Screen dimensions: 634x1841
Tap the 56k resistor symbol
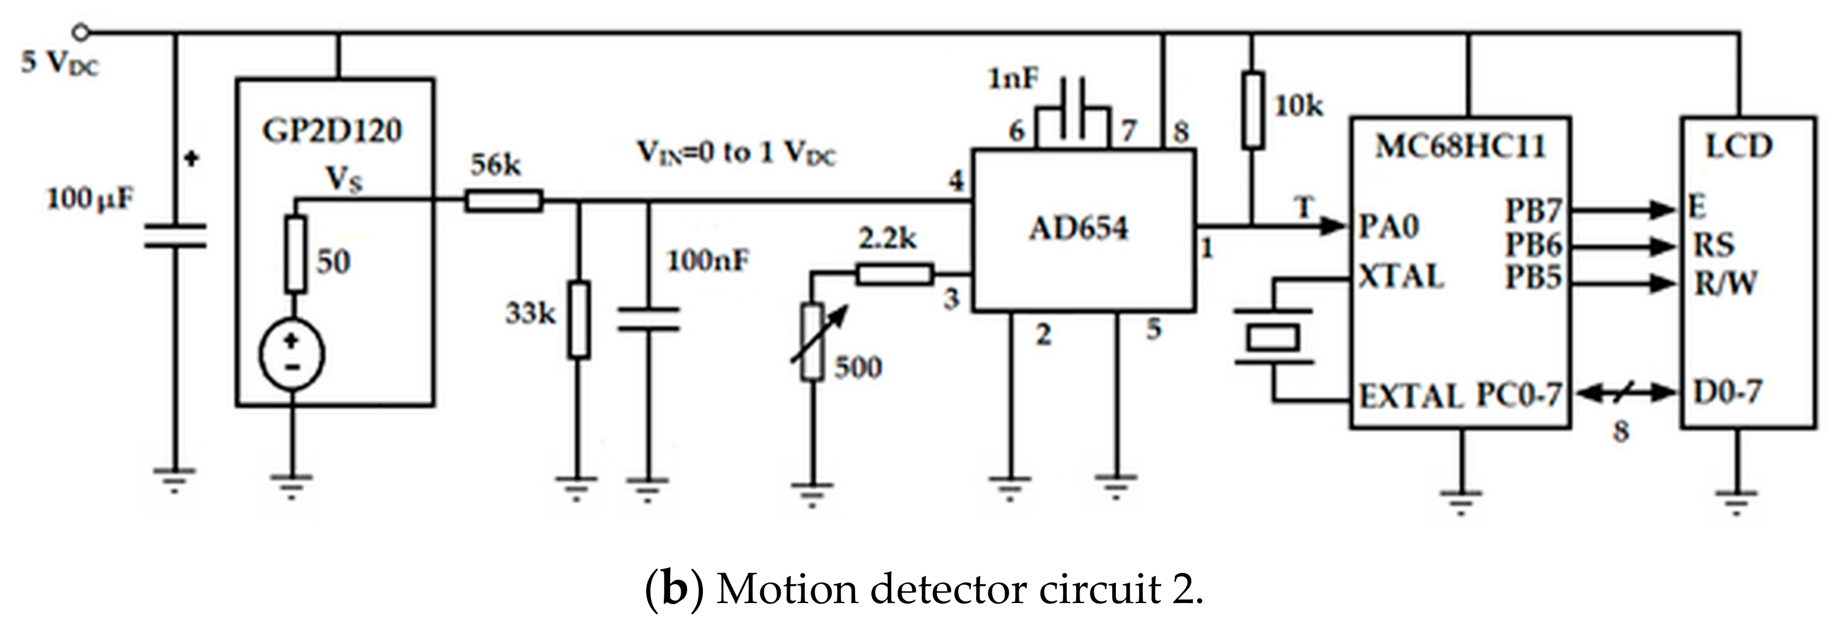504,201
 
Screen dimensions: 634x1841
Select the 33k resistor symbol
579,319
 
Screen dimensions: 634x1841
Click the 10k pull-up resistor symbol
1252,109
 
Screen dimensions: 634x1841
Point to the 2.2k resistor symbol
895,274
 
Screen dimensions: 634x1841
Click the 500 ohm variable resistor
812,342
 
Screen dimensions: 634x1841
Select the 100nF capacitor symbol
647,319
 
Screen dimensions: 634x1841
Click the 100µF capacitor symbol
175,236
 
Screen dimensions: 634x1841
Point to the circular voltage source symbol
292,354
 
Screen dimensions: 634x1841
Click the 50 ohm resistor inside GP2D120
296,254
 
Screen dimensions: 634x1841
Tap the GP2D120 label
333,132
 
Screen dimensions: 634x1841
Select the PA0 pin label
1388,228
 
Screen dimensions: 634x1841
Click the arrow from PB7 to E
1623,209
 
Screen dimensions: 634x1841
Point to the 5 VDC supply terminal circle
81,32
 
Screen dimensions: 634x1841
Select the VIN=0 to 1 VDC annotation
736,154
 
